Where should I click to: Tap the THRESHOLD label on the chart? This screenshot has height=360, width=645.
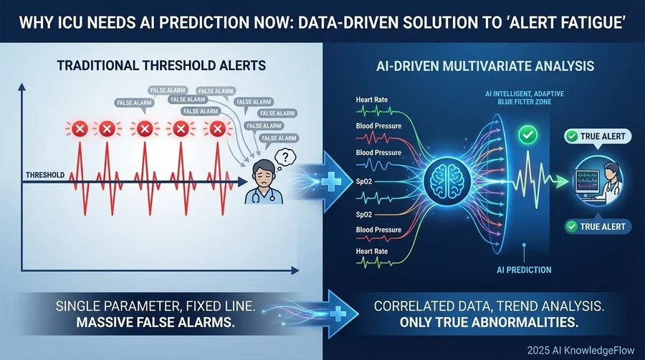point(45,175)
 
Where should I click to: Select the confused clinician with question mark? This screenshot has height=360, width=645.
point(264,183)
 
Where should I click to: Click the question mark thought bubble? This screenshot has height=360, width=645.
point(285,157)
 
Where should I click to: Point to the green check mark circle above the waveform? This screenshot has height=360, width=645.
point(527,134)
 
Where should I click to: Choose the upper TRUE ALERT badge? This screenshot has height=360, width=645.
point(597,136)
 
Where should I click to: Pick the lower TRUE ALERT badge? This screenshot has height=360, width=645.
point(597,227)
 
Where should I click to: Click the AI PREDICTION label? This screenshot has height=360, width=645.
point(524,270)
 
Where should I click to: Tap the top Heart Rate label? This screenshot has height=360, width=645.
point(372,100)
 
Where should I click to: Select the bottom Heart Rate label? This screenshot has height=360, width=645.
point(372,251)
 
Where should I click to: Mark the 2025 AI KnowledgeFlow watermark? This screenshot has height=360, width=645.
point(580,350)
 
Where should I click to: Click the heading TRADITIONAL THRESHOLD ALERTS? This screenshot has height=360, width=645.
point(161,65)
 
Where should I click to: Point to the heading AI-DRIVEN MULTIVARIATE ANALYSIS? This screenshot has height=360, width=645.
point(485,66)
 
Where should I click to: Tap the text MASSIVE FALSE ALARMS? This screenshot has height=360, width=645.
point(156,322)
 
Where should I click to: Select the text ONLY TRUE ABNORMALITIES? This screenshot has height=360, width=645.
point(489,322)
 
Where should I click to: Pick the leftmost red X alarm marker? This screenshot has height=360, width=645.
point(80,129)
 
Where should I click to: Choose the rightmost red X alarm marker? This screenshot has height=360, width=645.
point(217,129)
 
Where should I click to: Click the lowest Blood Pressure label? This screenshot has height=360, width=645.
point(378,230)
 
